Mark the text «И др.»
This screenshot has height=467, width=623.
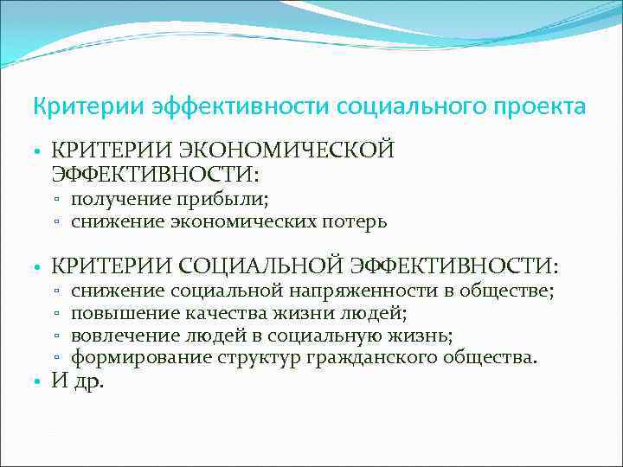78,381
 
